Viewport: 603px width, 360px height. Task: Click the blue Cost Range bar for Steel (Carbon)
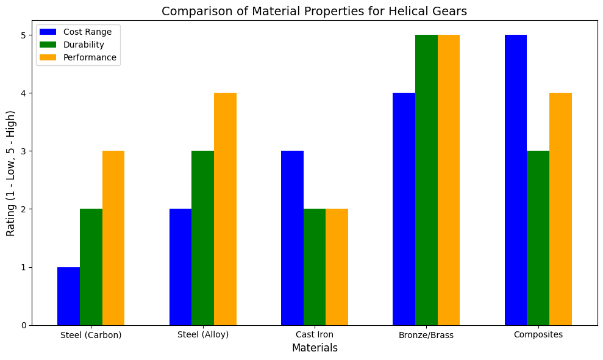pyautogui.click(x=68, y=296)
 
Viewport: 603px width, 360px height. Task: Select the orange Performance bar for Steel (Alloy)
pyautogui.click(x=225, y=209)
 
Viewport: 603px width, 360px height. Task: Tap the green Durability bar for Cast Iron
pyautogui.click(x=315, y=267)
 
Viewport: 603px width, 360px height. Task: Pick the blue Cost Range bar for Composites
pyautogui.click(x=516, y=180)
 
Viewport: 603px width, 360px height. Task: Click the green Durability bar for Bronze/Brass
pyautogui.click(x=426, y=180)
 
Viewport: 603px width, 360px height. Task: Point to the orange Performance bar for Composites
pyautogui.click(x=560, y=209)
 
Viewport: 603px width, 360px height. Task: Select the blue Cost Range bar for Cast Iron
pyautogui.click(x=292, y=238)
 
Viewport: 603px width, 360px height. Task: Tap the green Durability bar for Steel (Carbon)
pyautogui.click(x=91, y=267)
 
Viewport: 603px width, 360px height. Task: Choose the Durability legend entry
pyautogui.click(x=84, y=45)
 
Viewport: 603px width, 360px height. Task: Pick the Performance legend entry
pyautogui.click(x=90, y=58)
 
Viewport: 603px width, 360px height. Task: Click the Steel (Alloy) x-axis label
pyautogui.click(x=203, y=334)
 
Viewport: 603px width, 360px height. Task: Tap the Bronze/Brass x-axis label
pyautogui.click(x=426, y=335)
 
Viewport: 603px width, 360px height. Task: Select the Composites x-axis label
pyautogui.click(x=538, y=334)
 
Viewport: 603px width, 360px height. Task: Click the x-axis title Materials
pyautogui.click(x=315, y=348)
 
